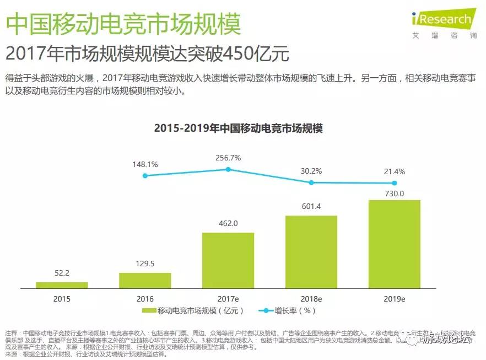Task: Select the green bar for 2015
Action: [62, 285]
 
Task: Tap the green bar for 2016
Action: [145, 280]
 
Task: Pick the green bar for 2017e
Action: [228, 260]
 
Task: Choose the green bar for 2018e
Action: [311, 252]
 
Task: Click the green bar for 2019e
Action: [394, 244]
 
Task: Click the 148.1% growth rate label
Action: [145, 164]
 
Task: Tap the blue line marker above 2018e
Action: [311, 182]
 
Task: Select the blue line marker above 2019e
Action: [394, 183]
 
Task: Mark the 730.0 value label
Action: [394, 193]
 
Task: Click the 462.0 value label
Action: [228, 223]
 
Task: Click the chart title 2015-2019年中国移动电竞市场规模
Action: [238, 128]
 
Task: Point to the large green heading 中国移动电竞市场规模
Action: [123, 23]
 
